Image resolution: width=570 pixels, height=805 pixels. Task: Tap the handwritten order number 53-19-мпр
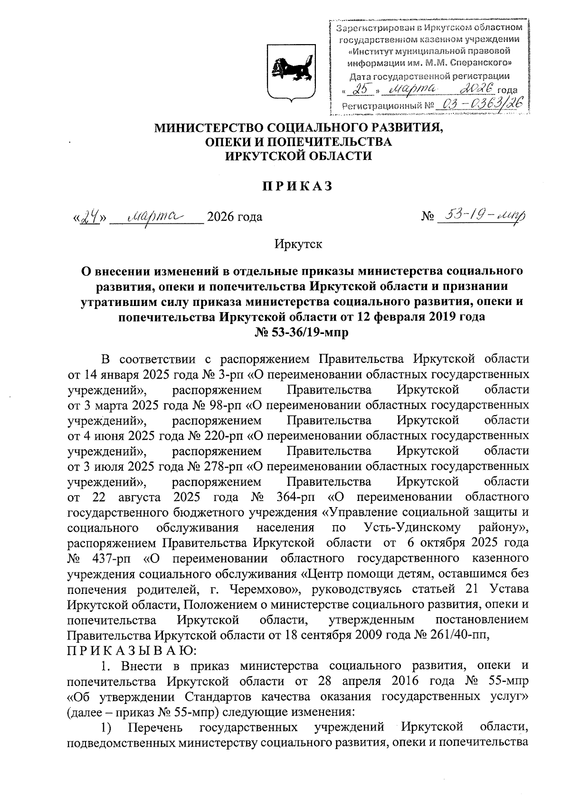[x=483, y=216]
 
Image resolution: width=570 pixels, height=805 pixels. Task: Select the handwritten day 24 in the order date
[x=90, y=217]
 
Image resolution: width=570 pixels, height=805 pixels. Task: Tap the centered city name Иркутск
[x=298, y=244]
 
